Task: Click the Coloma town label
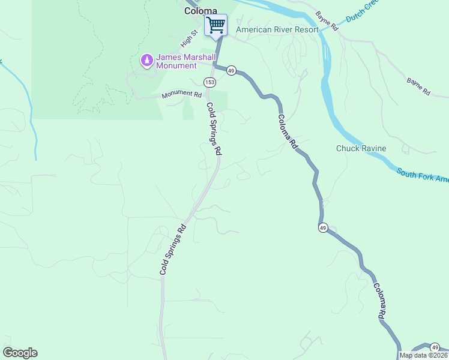pyautogui.click(x=200, y=11)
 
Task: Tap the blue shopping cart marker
pyautogui.click(x=215, y=26)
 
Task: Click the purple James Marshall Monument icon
pyautogui.click(x=146, y=60)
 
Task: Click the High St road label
pyautogui.click(x=189, y=40)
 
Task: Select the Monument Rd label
pyautogui.click(x=181, y=95)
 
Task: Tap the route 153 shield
pyautogui.click(x=209, y=82)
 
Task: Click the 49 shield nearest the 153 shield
pyautogui.click(x=231, y=70)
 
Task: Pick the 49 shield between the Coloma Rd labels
pyautogui.click(x=323, y=228)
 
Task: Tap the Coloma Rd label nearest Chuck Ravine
pyautogui.click(x=288, y=131)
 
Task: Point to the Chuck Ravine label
pyautogui.click(x=361, y=148)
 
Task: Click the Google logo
pyautogui.click(x=20, y=353)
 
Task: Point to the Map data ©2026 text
pyautogui.click(x=423, y=355)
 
